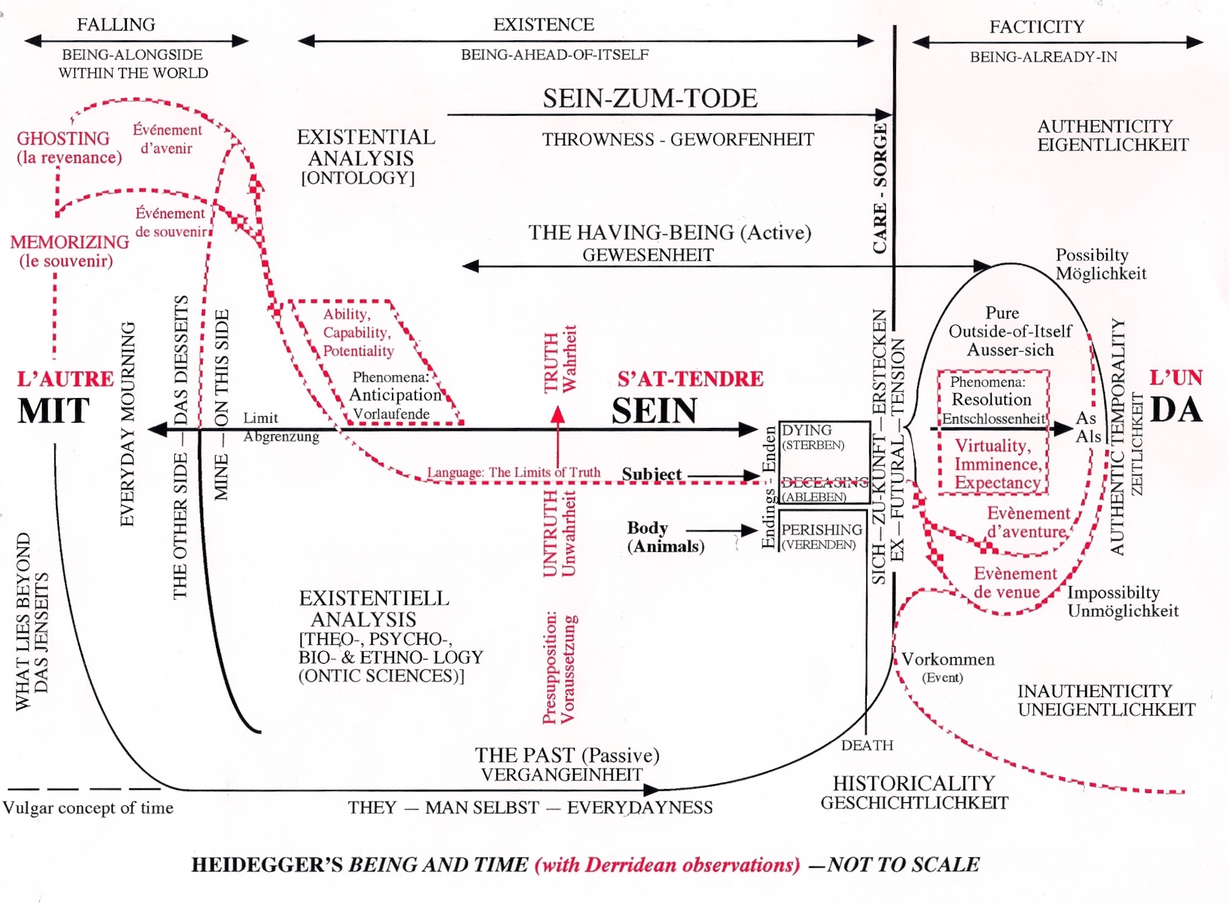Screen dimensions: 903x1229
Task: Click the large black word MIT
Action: (54, 411)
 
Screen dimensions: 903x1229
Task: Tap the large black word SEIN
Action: (654, 411)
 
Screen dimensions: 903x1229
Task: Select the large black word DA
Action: (1176, 410)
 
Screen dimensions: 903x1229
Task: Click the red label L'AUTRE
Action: (65, 379)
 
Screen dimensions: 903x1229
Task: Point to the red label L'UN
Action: (1176, 378)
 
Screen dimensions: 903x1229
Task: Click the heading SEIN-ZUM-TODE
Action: (650, 98)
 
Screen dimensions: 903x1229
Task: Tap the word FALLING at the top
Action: (116, 25)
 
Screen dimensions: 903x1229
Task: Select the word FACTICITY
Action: (1036, 26)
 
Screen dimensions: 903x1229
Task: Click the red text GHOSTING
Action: (63, 138)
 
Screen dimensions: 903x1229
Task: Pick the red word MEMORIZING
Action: (70, 242)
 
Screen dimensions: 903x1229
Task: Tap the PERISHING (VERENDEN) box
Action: (822, 536)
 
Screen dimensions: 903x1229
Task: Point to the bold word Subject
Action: (651, 474)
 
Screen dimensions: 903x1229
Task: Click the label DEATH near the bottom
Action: (867, 745)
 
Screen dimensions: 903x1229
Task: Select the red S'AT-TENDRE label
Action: (690, 379)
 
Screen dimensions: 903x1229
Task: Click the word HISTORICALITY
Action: (914, 783)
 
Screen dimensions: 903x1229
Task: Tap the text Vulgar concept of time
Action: (88, 808)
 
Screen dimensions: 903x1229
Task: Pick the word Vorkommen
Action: (948, 659)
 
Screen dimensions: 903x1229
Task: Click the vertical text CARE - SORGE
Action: (880, 188)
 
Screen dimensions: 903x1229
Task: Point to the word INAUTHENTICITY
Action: (1095, 691)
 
